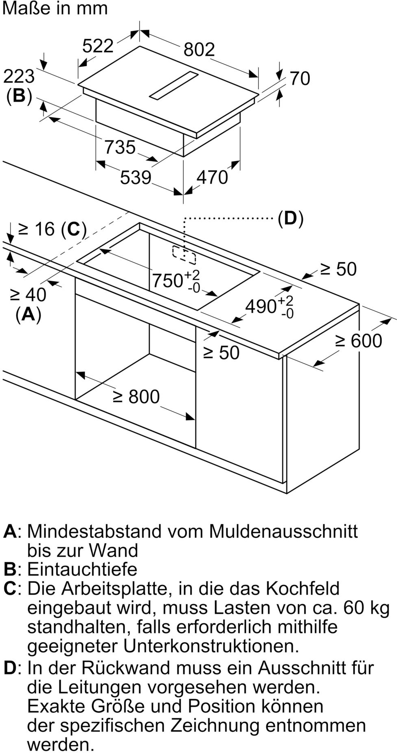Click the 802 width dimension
click(x=199, y=49)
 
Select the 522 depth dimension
click(x=98, y=46)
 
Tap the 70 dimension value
click(x=300, y=78)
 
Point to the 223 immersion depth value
click(x=19, y=76)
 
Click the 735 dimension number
click(x=120, y=147)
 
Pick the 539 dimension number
click(x=136, y=177)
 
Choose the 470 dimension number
click(x=212, y=177)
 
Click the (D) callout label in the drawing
click(x=290, y=218)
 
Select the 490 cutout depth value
click(x=261, y=306)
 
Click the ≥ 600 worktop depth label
click(x=358, y=340)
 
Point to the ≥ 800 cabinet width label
click(x=136, y=396)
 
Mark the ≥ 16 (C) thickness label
click(x=53, y=229)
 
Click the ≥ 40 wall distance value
click(x=28, y=294)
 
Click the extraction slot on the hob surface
click(x=173, y=86)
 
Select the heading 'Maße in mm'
click(x=55, y=9)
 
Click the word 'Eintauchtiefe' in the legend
click(x=82, y=569)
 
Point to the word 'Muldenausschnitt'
click(x=283, y=531)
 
